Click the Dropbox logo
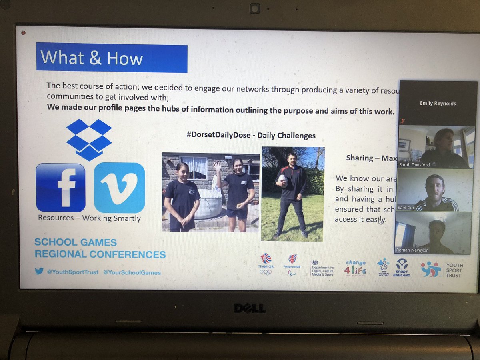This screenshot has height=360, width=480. tap(89, 139)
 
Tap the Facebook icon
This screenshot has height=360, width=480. tap(60, 187)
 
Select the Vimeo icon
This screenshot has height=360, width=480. tap(119, 187)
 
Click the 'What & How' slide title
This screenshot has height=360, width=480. tap(92, 58)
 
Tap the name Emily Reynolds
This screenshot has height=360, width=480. tap(438, 103)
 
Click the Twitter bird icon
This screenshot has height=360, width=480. tap(39, 271)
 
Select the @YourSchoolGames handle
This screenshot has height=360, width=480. tap(132, 272)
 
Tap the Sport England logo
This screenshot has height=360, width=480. tap(402, 267)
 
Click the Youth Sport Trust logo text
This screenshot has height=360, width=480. tap(454, 270)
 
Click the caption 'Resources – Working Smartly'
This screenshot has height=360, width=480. tap(89, 218)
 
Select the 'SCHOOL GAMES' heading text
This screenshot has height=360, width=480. tap(76, 242)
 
